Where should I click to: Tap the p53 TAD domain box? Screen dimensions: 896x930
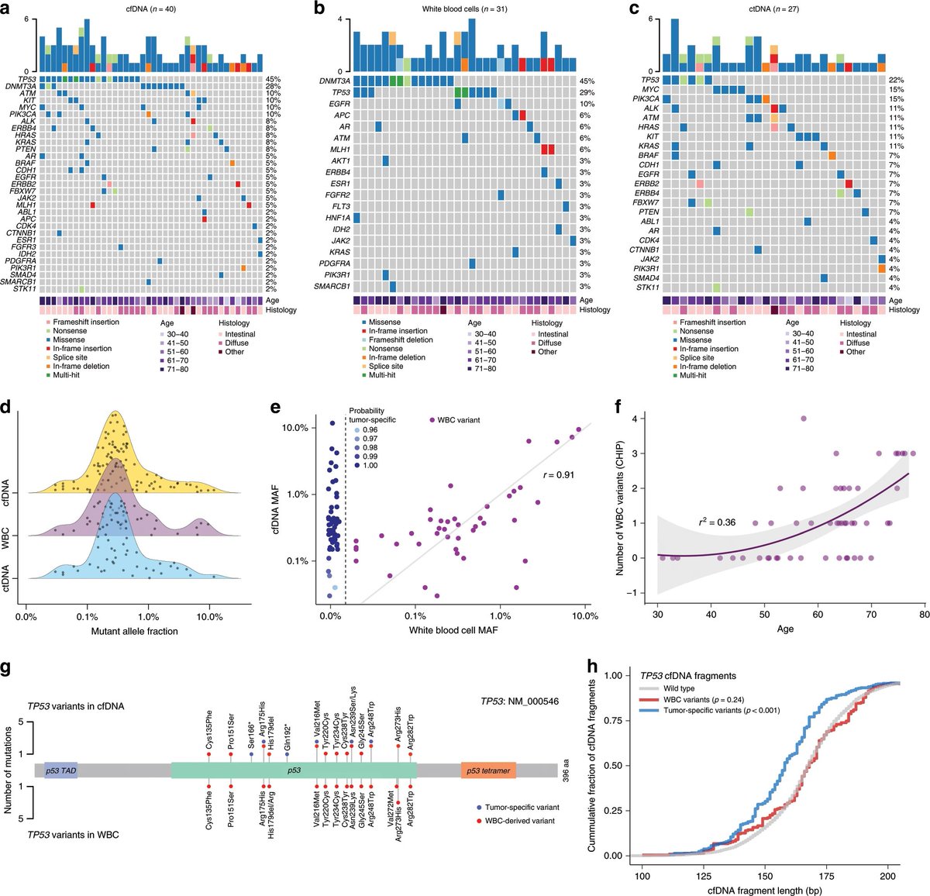(x=60, y=770)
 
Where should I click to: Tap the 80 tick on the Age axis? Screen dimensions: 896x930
(x=924, y=614)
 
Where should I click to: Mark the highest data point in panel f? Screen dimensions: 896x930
(x=803, y=419)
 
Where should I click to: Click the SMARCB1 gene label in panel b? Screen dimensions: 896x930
(x=332, y=286)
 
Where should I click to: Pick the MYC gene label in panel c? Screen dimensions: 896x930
(x=649, y=89)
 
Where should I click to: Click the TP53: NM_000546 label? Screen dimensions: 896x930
(x=519, y=701)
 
